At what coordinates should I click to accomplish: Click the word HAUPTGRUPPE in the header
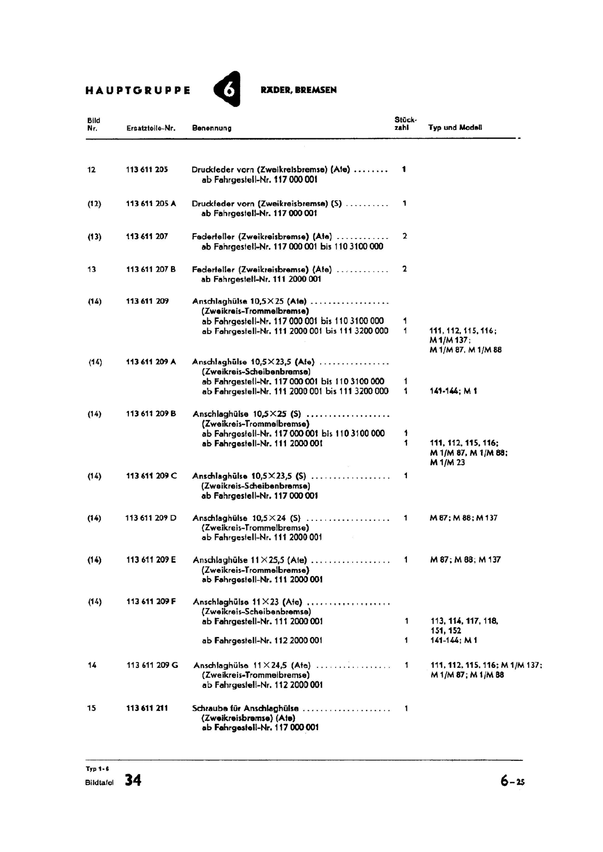(x=137, y=91)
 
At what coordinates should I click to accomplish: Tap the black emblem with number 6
(x=227, y=89)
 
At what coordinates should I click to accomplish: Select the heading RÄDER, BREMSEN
(x=298, y=90)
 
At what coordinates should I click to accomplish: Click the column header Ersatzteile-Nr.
(x=151, y=128)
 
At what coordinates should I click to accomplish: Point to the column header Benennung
(x=211, y=128)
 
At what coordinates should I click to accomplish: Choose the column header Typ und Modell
(x=455, y=128)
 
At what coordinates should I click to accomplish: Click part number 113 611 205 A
(x=151, y=203)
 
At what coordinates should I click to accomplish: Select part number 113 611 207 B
(x=151, y=269)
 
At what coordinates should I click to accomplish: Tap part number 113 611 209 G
(x=152, y=665)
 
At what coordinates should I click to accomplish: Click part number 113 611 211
(x=147, y=708)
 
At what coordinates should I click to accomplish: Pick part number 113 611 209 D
(x=151, y=518)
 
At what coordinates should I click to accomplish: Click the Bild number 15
(x=92, y=708)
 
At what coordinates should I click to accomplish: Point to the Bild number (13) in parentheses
(x=94, y=236)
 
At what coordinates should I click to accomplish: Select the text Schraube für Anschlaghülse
(x=245, y=708)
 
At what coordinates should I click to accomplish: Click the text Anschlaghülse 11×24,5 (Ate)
(x=252, y=665)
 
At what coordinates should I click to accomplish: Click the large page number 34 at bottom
(x=133, y=781)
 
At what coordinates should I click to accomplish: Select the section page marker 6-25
(x=512, y=781)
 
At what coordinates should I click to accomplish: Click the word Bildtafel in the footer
(x=100, y=783)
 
